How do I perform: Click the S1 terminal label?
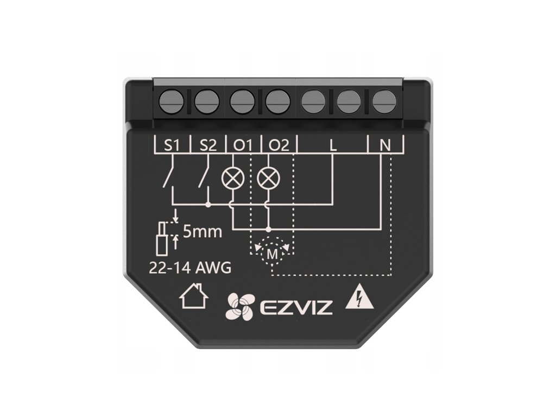click(x=173, y=145)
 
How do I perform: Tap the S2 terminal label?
click(x=208, y=145)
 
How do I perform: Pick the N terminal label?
click(x=385, y=145)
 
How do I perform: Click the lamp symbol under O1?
click(x=232, y=178)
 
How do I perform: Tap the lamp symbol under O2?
click(x=267, y=178)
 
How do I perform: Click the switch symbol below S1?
click(x=169, y=177)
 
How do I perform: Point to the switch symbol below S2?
click(x=204, y=177)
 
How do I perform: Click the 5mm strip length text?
click(x=202, y=232)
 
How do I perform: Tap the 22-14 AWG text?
click(x=190, y=267)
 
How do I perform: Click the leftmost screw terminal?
click(x=172, y=100)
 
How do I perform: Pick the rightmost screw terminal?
click(x=383, y=100)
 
